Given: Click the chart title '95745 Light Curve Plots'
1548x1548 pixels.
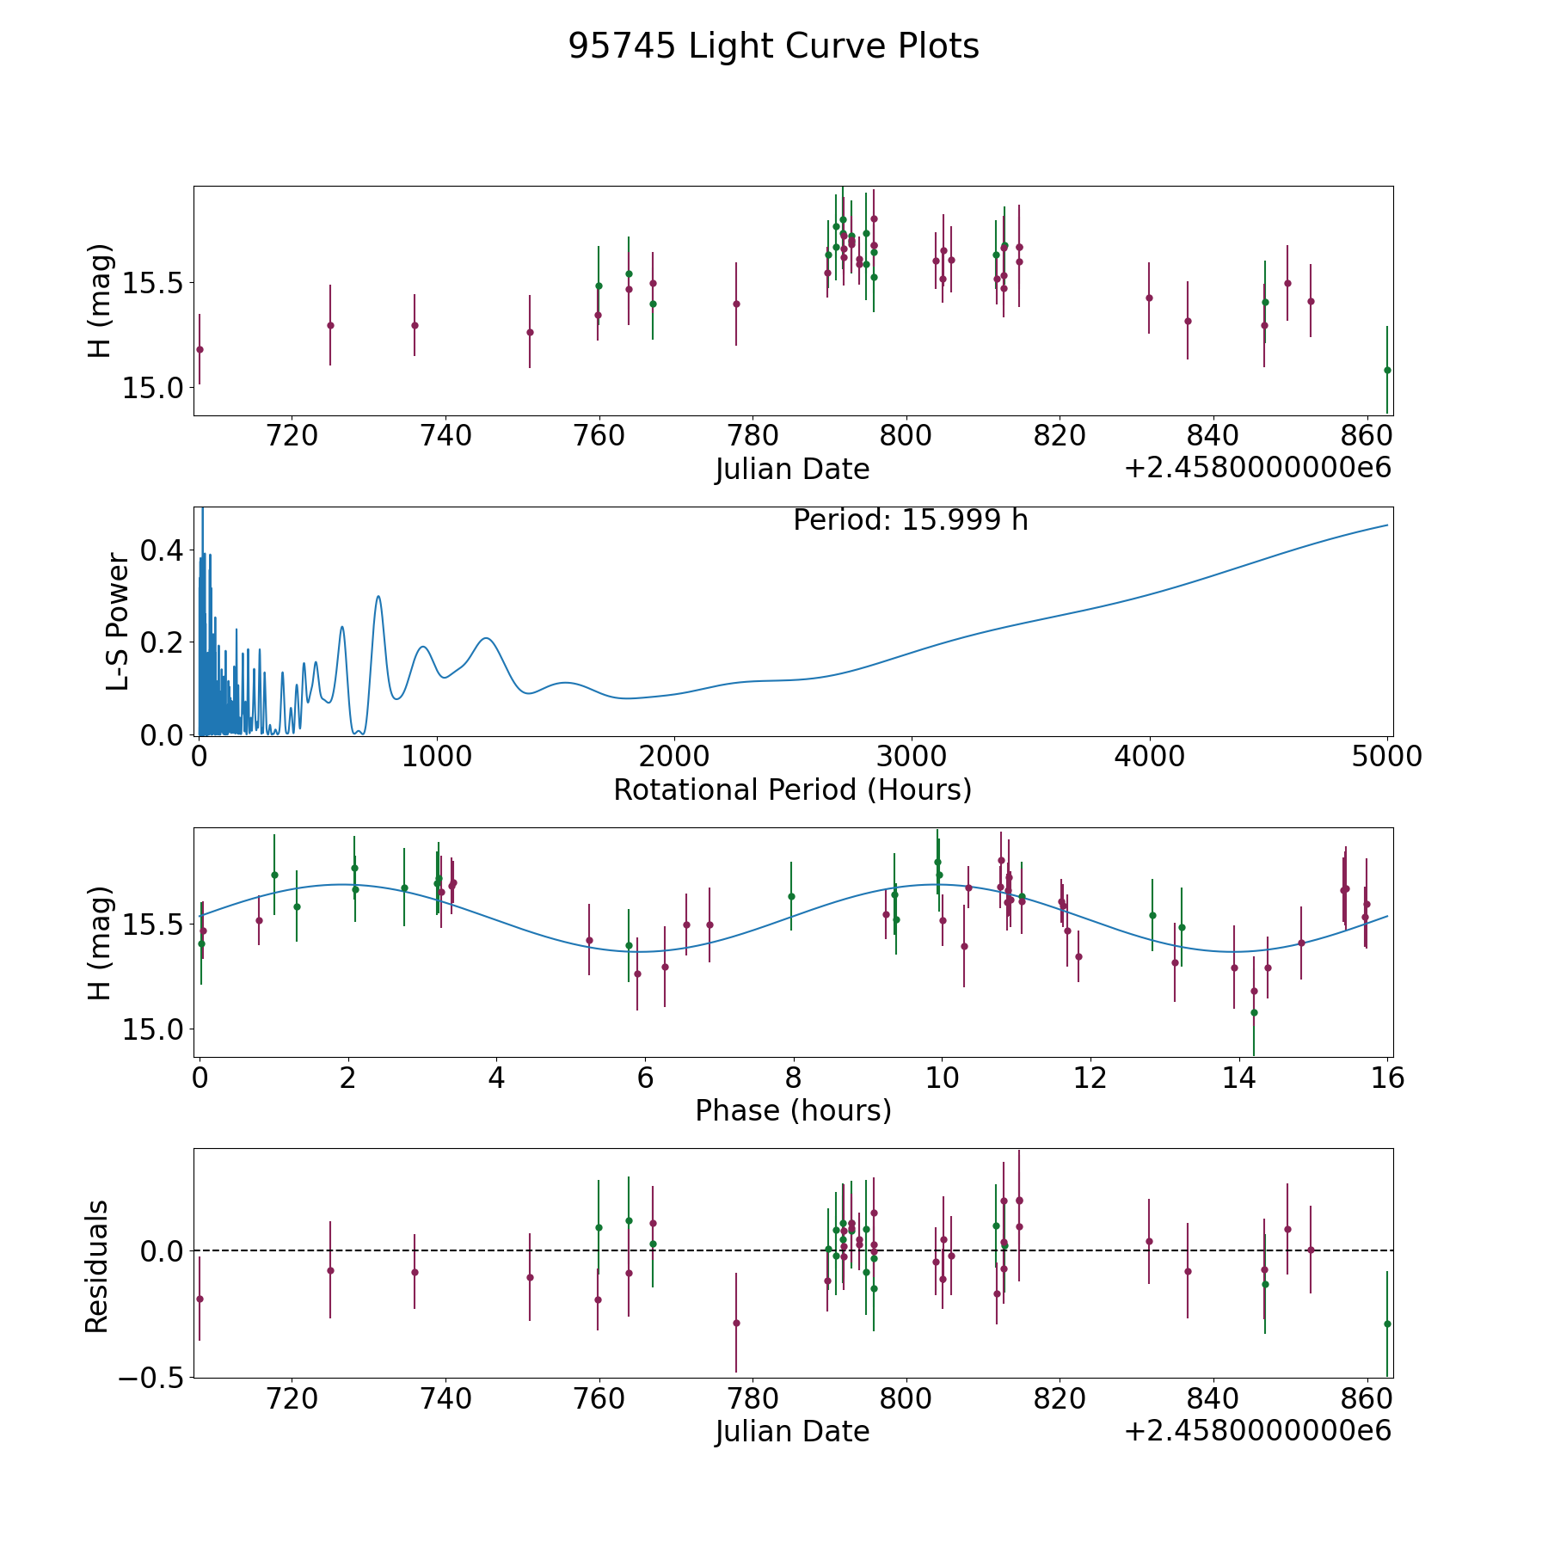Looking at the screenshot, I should click(x=773, y=46).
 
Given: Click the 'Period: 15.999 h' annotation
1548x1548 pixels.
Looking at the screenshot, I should click(x=910, y=520).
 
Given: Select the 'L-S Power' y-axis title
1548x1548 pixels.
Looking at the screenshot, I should click(x=118, y=621).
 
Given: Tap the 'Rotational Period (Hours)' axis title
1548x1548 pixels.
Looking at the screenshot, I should click(x=792, y=789).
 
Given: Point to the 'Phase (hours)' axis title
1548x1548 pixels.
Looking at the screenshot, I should click(x=792, y=1110).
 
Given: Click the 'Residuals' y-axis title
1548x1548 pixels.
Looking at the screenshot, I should click(x=97, y=1266).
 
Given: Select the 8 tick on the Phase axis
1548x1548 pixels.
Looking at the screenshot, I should click(x=793, y=1078).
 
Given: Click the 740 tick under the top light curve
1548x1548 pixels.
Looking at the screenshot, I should click(x=445, y=436).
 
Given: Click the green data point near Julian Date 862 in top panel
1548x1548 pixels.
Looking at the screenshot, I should click(x=1386, y=370).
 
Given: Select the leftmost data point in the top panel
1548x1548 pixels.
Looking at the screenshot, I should click(x=200, y=349).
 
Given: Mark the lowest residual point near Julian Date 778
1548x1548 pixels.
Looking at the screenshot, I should click(x=736, y=1323).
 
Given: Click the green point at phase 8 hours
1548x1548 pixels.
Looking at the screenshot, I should click(x=791, y=896).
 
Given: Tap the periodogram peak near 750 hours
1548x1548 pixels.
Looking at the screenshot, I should click(x=378, y=596).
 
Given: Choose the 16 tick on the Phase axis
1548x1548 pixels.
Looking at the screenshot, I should click(x=1386, y=1078).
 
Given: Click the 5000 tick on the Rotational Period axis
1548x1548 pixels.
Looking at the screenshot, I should click(x=1386, y=757).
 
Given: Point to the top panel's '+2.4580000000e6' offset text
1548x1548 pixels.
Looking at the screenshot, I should click(x=1257, y=468).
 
